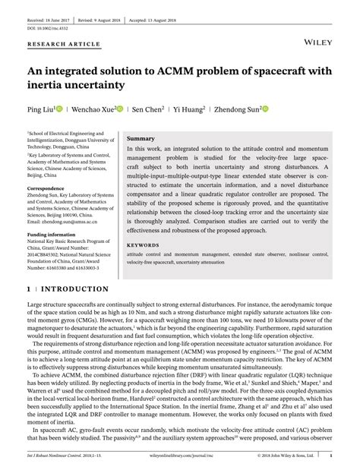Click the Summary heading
pos(141,140)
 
